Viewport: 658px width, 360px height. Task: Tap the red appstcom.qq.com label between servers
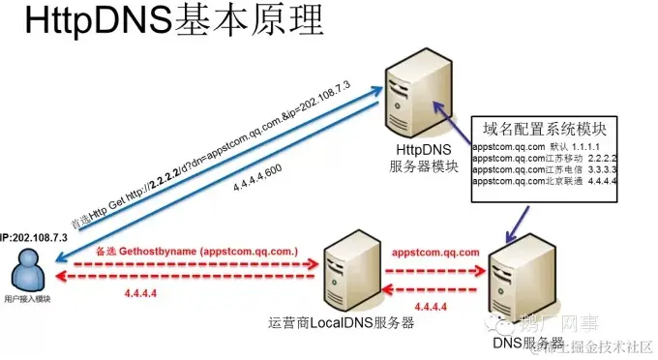[x=435, y=252]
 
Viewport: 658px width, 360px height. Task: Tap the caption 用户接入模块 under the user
[x=27, y=300]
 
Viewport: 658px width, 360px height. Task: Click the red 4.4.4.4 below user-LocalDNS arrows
[x=145, y=293]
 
